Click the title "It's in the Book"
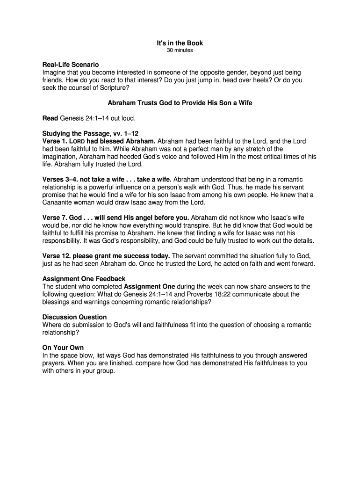[180, 44]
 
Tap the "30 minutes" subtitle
[180, 51]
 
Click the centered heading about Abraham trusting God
[180, 103]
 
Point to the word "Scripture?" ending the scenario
[113, 87]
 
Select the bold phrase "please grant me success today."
[122, 255]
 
